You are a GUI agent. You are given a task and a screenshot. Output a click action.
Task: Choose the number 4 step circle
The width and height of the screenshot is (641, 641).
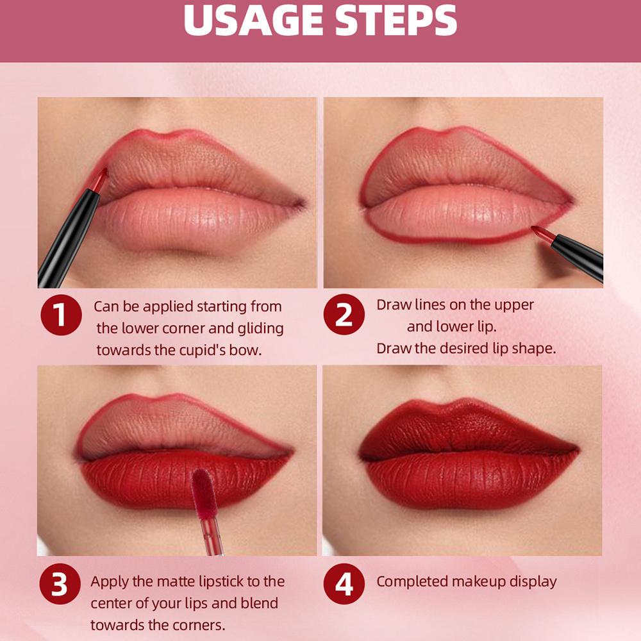(344, 584)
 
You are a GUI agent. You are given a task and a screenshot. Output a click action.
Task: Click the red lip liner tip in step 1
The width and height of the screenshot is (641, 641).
(99, 180)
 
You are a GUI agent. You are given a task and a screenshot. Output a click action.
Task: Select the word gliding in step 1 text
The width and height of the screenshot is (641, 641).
(260, 328)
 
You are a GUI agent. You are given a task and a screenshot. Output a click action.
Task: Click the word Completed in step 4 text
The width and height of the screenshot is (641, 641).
(412, 581)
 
